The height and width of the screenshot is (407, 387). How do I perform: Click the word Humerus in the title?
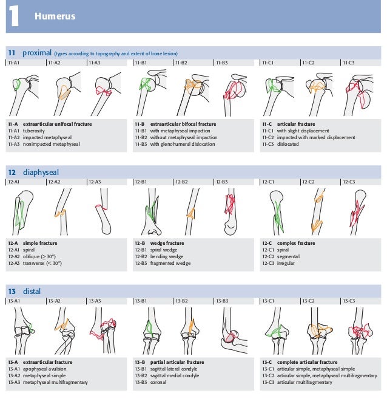point(55,16)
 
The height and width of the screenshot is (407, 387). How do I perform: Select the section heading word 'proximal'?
point(36,52)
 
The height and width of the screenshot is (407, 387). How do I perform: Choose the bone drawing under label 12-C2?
point(317,210)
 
